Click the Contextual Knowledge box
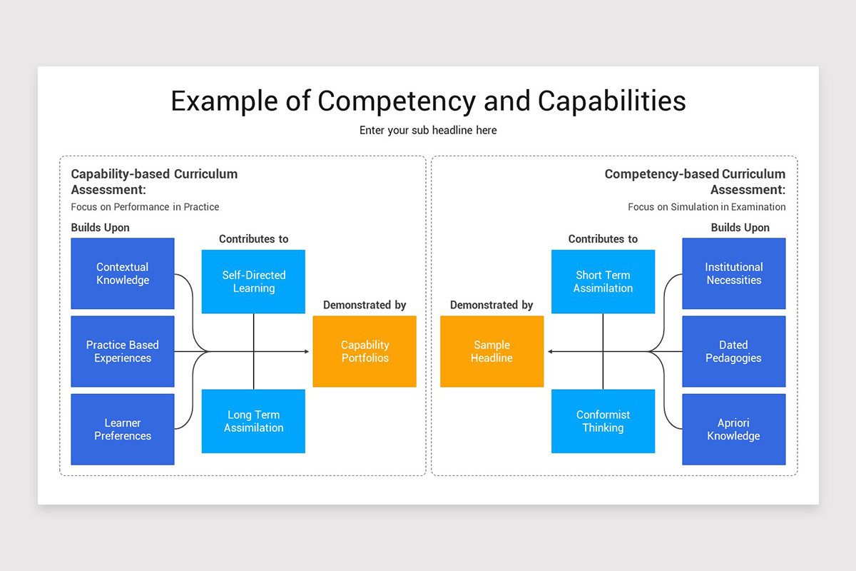click(123, 273)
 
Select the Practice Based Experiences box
click(123, 351)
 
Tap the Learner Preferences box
click(123, 429)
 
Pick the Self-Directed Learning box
click(253, 281)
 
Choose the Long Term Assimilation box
click(253, 421)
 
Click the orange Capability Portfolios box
click(365, 351)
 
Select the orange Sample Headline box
click(491, 351)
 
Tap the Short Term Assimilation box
click(603, 281)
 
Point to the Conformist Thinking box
click(603, 421)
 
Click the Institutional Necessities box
click(733, 273)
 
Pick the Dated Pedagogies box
click(733, 351)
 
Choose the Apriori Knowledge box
click(733, 429)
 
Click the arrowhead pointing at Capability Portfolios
click(307, 351)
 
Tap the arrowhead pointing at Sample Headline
click(550, 351)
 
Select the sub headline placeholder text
click(428, 131)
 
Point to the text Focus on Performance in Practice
click(145, 207)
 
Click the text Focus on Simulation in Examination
click(706, 207)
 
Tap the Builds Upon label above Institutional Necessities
click(740, 228)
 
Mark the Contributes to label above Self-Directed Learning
click(253, 239)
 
